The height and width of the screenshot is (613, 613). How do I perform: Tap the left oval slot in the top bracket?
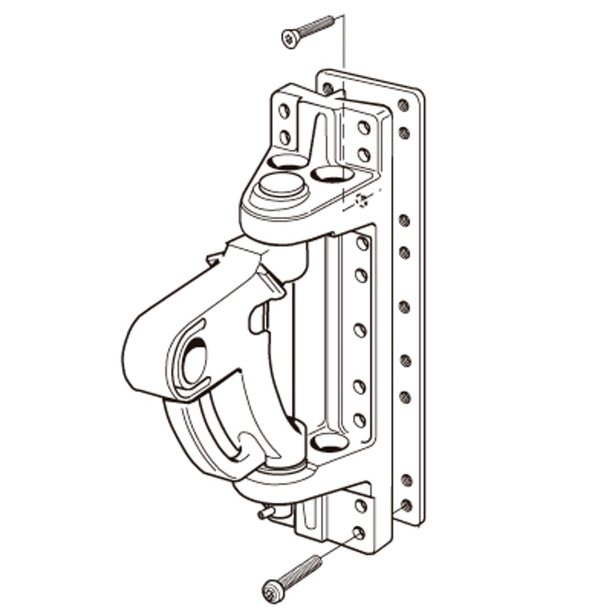[288, 162]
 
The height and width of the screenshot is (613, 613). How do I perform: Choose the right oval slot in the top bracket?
[332, 175]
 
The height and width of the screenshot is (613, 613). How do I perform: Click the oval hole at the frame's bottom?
[329, 443]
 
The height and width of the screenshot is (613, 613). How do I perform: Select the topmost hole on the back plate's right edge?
[403, 105]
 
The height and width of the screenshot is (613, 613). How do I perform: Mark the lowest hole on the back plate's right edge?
[405, 505]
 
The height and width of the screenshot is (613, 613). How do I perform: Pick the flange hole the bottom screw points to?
[359, 533]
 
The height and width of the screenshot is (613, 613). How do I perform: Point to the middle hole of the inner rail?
[360, 331]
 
